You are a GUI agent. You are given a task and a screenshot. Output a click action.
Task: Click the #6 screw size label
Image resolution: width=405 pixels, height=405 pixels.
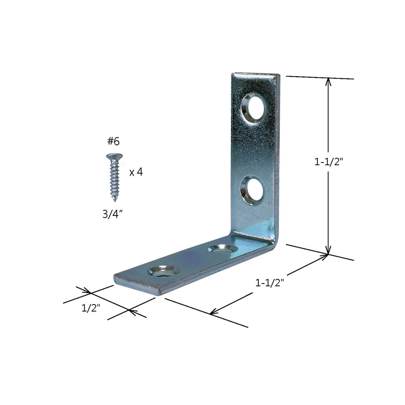tap(114, 141)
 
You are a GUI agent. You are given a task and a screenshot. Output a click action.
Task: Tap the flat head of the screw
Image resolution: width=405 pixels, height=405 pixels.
tap(114, 156)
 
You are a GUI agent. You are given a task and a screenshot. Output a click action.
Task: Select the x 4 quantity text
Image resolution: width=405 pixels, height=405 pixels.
tap(136, 172)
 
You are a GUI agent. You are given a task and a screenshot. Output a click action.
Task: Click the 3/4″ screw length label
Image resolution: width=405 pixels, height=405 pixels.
tap(113, 214)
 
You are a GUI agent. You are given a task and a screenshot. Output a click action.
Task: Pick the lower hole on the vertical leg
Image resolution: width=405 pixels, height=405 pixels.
tap(252, 190)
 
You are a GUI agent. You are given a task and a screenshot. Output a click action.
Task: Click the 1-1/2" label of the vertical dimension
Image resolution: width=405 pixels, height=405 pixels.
tap(329, 162)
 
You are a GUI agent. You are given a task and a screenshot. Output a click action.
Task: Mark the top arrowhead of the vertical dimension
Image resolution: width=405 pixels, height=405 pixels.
tap(328, 81)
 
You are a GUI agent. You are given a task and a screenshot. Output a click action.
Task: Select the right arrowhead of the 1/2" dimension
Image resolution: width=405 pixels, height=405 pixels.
tap(132, 311)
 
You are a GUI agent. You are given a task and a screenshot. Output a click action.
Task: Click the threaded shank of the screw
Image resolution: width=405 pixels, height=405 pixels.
tap(115, 178)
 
